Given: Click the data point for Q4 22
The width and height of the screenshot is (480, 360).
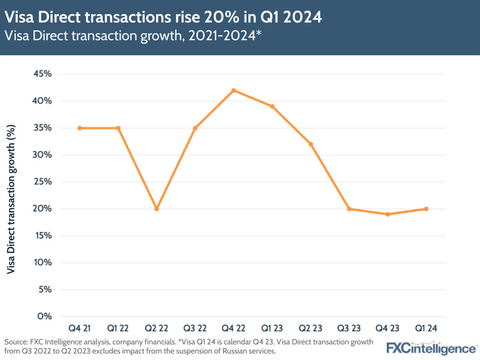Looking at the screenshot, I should point(234,90).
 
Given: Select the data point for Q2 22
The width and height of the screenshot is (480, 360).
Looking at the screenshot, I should point(157,209).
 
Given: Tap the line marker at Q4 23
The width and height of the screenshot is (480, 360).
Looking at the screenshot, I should point(387,214).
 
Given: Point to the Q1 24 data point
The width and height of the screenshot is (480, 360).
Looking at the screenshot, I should point(426,209).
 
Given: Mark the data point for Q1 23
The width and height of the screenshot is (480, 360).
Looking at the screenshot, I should point(272,106).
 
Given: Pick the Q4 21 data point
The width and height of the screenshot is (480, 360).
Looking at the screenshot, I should point(80,128).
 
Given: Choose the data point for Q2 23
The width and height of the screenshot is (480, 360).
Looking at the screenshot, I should point(310,144).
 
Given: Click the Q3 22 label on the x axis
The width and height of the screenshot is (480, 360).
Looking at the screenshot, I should point(195,328).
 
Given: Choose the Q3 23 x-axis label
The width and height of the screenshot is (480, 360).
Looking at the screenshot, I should point(349,328).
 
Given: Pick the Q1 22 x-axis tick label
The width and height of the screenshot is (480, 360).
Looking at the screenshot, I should point(118,328).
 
